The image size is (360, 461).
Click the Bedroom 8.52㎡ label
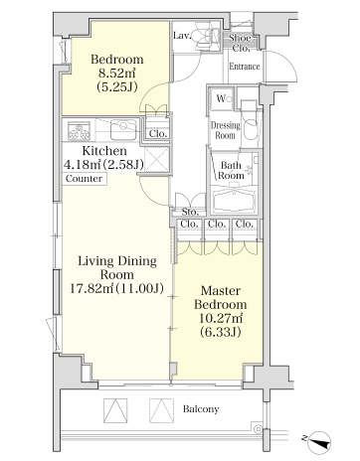click(x=117, y=73)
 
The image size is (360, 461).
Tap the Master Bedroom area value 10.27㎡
click(x=221, y=318)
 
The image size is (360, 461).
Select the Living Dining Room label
click(x=117, y=267)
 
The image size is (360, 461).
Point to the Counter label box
click(x=84, y=179)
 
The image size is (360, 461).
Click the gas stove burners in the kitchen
click(x=79, y=131)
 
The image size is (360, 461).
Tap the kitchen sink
click(x=123, y=129)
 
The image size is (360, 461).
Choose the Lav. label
click(x=182, y=36)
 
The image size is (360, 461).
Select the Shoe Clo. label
click(x=241, y=43)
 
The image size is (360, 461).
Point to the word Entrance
click(x=245, y=67)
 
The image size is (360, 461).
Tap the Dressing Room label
click(x=226, y=130)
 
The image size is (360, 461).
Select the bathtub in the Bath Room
click(x=235, y=201)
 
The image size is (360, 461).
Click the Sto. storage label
click(x=190, y=212)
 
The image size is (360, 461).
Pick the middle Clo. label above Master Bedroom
click(x=217, y=224)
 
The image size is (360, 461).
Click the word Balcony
click(x=201, y=409)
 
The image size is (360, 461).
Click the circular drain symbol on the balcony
click(x=258, y=429)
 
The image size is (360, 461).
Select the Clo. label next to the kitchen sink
click(x=157, y=134)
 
